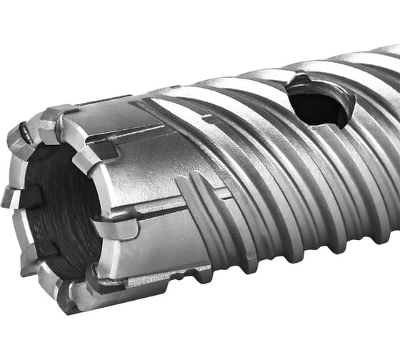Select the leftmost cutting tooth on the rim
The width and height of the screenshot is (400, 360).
point(12,196)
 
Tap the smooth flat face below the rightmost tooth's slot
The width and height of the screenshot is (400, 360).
point(154,246)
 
